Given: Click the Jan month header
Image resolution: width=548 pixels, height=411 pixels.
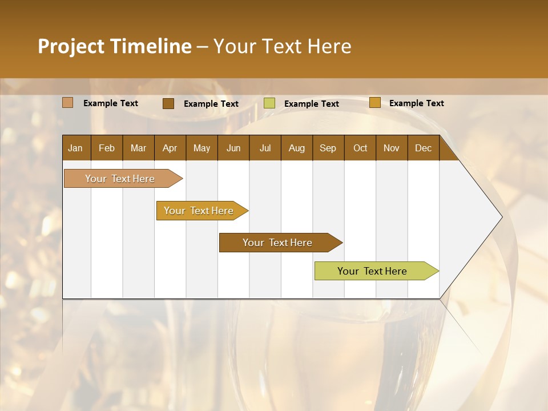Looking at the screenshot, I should pos(75,148).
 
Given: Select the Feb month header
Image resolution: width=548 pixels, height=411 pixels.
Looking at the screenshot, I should pos(107,148).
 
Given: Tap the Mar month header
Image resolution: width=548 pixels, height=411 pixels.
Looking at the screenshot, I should pos(138,148).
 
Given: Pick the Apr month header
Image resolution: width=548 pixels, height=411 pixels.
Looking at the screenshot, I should pos(170,148).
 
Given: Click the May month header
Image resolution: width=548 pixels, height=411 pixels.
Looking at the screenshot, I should pos(202,148).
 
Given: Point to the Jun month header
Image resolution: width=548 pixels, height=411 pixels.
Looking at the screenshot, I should pos(233,148).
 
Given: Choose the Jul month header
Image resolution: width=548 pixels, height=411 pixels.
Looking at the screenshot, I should pos(265,148).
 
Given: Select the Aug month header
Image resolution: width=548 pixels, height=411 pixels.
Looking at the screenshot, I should pos(297,148).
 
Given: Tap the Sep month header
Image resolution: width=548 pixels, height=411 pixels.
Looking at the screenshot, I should pos(328,148).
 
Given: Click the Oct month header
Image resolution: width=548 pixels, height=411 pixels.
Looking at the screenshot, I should pos(360,148).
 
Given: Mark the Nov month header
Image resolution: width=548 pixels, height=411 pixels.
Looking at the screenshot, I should pos(392,148).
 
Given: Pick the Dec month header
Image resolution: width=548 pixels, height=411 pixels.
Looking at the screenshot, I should pos(424,148).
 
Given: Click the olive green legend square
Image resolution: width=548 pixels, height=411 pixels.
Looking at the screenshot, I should pos(269,103).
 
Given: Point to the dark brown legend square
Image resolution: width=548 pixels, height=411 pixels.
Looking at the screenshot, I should pos(168,103).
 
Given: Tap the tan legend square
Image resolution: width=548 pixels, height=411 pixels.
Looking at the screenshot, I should pos(68,103).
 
